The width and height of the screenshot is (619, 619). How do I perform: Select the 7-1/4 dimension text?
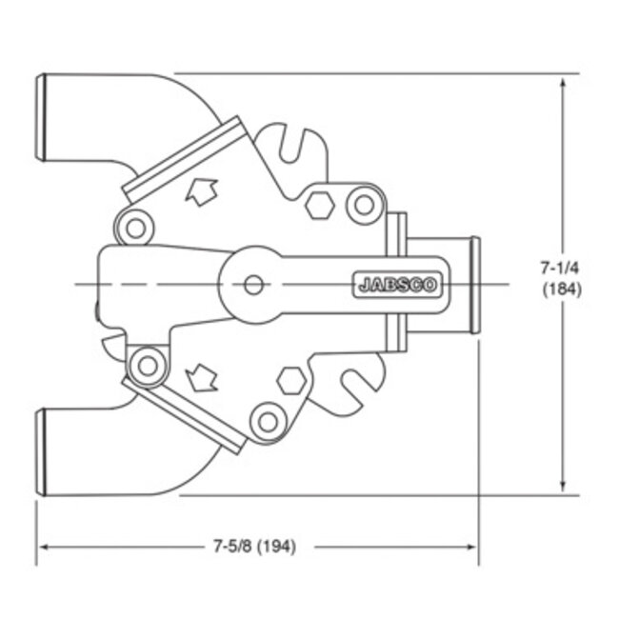[x=561, y=269]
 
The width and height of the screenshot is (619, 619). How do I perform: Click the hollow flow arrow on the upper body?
[x=201, y=192]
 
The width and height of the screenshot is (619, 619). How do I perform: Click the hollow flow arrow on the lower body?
[x=201, y=378]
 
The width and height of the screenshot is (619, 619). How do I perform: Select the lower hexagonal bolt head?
[x=291, y=379]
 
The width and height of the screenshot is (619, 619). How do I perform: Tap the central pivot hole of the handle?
[x=252, y=284]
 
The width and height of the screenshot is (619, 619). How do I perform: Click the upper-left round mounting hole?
[x=135, y=227]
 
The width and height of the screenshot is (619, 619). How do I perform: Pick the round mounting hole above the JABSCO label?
[x=362, y=203]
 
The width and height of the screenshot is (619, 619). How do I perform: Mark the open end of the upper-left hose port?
[x=41, y=118]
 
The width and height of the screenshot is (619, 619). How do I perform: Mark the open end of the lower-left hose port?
[x=41, y=451]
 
